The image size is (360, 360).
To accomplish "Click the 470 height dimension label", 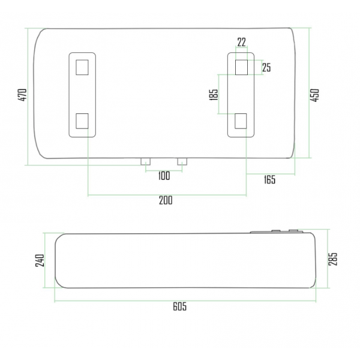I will click(x=22, y=95).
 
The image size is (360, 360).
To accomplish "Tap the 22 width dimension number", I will click(x=241, y=42).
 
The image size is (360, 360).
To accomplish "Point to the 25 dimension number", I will click(x=266, y=67).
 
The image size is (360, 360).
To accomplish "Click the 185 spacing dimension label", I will click(x=214, y=94).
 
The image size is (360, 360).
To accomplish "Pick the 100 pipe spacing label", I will click(x=164, y=175).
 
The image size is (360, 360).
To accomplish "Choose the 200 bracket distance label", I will click(x=166, y=200).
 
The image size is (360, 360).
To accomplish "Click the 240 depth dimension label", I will click(x=40, y=261).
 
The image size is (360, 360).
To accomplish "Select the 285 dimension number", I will click(x=334, y=258).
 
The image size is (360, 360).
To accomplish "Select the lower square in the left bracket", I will click(x=83, y=121).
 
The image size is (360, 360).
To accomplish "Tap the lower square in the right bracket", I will click(x=242, y=121).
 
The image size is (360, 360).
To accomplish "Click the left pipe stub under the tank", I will click(x=146, y=161).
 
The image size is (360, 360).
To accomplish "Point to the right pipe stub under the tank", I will click(x=182, y=161).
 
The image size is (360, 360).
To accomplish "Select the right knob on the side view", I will click(x=295, y=231).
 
